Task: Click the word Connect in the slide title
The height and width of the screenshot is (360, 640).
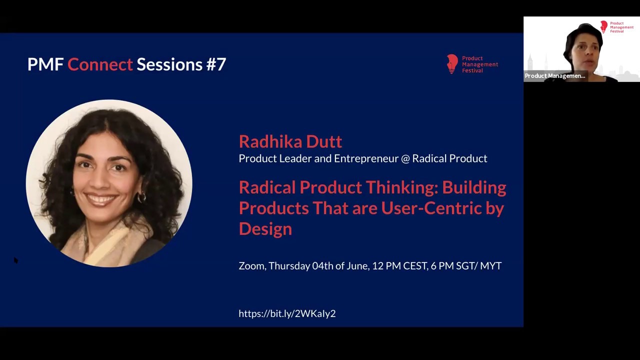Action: pyautogui.click(x=100, y=64)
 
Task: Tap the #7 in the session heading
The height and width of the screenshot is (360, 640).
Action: pyautogui.click(x=215, y=64)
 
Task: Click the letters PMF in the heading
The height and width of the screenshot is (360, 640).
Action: pyautogui.click(x=45, y=64)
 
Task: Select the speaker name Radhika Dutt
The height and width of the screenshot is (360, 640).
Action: pyautogui.click(x=290, y=141)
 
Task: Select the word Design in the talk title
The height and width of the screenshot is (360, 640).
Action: pyautogui.click(x=265, y=229)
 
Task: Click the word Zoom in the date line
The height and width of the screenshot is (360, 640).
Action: pyautogui.click(x=251, y=266)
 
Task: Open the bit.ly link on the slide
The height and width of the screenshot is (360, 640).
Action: pyautogui.click(x=287, y=313)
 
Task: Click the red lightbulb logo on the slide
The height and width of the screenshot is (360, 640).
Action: pyautogui.click(x=452, y=64)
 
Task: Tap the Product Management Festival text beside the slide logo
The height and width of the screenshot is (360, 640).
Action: pyautogui.click(x=479, y=64)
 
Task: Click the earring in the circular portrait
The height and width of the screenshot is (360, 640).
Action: pyautogui.click(x=141, y=198)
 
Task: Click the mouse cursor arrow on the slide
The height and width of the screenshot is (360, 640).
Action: pyautogui.click(x=15, y=260)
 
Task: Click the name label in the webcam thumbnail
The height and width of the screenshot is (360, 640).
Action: pyautogui.click(x=554, y=76)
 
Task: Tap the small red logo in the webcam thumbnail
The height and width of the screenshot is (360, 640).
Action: pyautogui.click(x=604, y=27)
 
